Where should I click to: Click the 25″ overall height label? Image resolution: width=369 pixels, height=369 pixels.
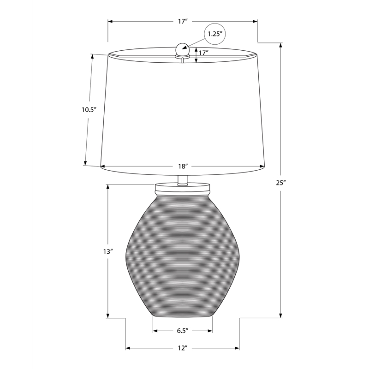281,183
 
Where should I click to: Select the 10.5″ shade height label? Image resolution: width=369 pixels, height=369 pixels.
89,110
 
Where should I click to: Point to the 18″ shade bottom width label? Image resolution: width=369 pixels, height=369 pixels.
183,167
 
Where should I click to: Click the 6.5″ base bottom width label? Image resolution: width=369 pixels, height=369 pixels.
183,331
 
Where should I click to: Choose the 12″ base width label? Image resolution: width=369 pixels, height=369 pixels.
182,348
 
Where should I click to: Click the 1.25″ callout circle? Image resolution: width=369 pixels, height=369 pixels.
215,34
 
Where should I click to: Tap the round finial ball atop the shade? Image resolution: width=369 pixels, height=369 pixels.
182,49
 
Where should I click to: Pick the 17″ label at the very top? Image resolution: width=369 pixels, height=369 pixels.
183,21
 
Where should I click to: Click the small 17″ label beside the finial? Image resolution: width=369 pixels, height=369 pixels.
203,53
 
